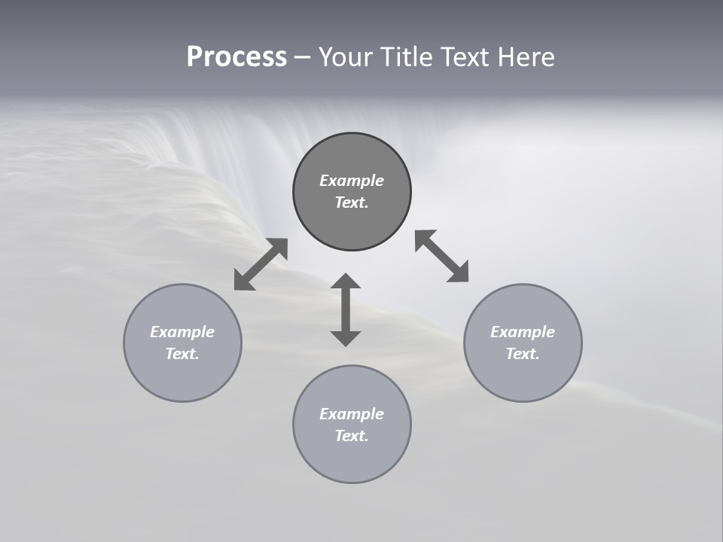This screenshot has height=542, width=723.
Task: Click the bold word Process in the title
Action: tap(236, 57)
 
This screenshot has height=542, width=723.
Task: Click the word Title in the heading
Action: tap(406, 57)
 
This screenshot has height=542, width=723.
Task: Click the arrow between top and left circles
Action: tap(261, 264)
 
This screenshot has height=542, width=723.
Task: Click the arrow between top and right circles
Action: tap(441, 256)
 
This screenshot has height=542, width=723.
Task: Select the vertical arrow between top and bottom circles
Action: tap(346, 310)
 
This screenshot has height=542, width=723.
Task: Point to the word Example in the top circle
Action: tap(352, 181)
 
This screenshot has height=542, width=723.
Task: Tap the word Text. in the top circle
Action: tap(352, 202)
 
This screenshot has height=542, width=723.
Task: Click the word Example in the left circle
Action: tap(182, 332)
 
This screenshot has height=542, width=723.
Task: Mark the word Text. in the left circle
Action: tap(182, 354)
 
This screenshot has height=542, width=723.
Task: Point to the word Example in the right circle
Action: tap(523, 332)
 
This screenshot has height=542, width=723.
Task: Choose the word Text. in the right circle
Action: tap(523, 354)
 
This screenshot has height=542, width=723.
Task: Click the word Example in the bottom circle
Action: tap(352, 414)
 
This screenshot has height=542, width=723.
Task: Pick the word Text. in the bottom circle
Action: tap(352, 436)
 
